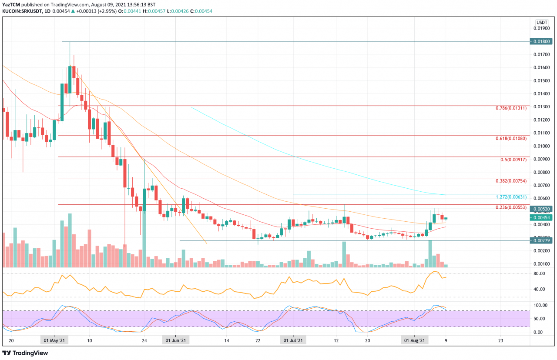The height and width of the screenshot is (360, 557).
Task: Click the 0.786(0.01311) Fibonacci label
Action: pyautogui.click(x=512, y=108)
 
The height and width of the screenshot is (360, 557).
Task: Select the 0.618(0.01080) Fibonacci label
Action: pyautogui.click(x=512, y=138)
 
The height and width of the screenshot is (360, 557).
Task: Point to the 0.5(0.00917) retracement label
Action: pyautogui.click(x=514, y=160)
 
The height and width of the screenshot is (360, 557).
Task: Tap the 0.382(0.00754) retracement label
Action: pyautogui.click(x=512, y=181)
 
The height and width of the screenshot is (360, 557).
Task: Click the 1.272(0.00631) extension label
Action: pyautogui.click(x=512, y=197)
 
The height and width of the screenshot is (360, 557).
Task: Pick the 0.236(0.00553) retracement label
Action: pyautogui.click(x=512, y=207)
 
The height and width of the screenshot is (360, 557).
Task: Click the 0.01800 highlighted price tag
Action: pyautogui.click(x=541, y=41)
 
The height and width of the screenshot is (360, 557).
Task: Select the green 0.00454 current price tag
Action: pyautogui.click(x=541, y=217)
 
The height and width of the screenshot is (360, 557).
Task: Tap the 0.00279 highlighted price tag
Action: pyautogui.click(x=541, y=240)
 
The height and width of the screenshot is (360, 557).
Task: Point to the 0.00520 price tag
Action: pyautogui.click(x=541, y=209)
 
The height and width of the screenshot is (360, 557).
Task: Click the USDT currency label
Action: pyautogui.click(x=541, y=22)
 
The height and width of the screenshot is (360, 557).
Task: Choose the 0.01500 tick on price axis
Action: pyautogui.click(x=541, y=80)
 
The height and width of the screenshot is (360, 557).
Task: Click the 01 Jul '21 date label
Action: pyautogui.click(x=293, y=341)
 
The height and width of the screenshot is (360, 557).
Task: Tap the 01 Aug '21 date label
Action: pyautogui.click(x=414, y=341)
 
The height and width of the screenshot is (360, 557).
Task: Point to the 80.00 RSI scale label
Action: pyautogui.click(x=539, y=273)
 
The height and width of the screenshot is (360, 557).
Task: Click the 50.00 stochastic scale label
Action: pyautogui.click(x=539, y=319)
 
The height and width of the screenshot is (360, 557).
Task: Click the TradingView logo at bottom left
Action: pyautogui.click(x=26, y=353)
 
